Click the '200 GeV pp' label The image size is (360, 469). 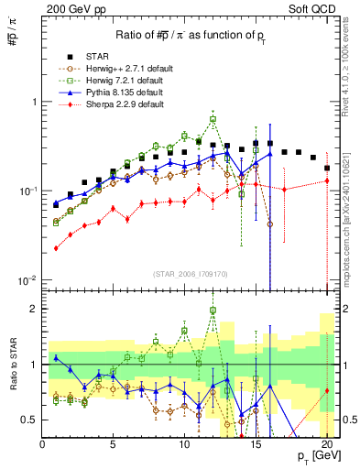(73, 8)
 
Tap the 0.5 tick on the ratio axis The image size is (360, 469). (29, 420)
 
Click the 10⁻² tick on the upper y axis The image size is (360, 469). (27, 279)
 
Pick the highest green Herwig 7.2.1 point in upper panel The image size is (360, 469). (213, 119)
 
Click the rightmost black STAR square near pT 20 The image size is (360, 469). (327, 168)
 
